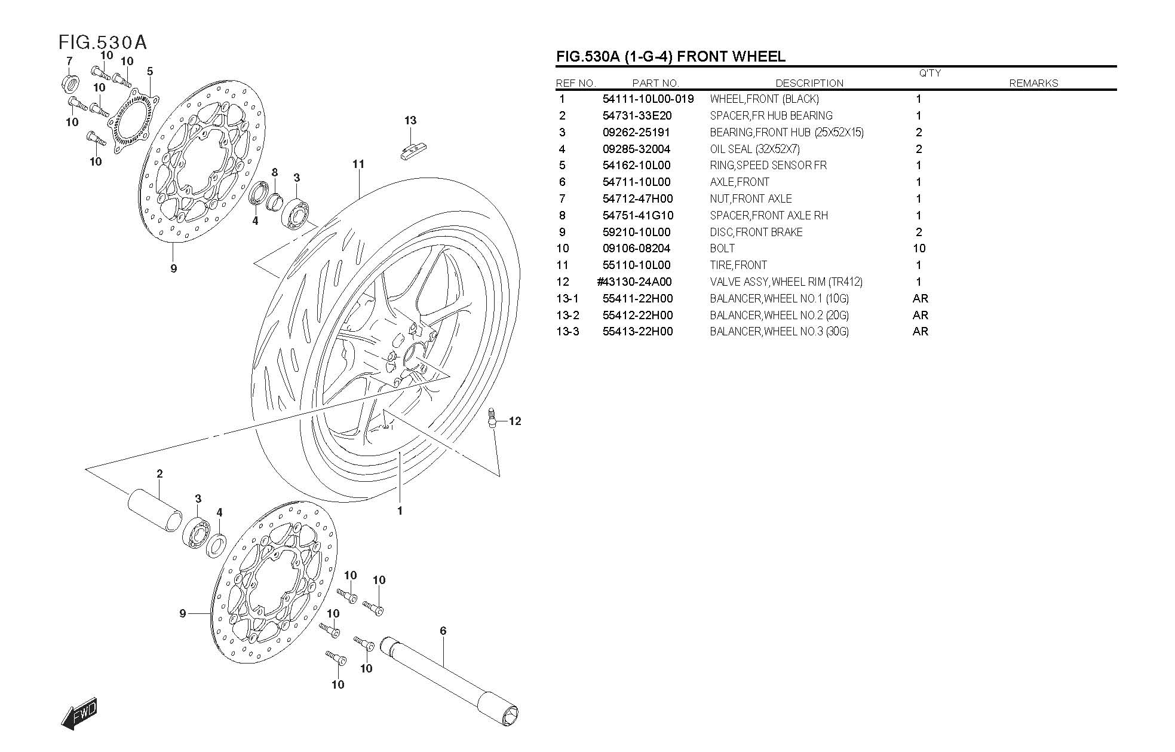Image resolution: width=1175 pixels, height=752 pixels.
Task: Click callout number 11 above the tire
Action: coord(358,164)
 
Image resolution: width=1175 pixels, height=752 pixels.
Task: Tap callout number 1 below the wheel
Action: coord(400,510)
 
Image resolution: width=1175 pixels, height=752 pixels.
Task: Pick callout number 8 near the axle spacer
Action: coord(275,173)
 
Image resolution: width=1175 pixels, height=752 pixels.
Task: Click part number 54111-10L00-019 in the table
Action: coord(648,99)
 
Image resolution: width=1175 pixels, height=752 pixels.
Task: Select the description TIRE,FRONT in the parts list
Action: coord(738,265)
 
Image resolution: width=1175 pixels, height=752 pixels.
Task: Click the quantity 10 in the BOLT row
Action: coord(919,248)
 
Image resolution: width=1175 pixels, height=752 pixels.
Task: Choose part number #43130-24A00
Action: coord(634,282)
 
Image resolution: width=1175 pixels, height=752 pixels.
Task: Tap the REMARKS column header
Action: coord(1033,83)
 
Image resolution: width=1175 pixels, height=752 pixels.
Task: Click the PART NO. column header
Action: coord(655,83)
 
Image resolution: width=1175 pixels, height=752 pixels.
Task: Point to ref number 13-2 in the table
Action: coord(567,315)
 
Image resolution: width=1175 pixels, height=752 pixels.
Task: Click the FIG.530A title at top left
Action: coord(103,42)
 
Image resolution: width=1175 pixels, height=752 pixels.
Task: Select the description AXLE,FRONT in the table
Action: coord(740,182)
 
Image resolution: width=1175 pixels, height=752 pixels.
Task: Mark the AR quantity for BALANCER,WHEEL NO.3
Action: coord(920,331)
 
